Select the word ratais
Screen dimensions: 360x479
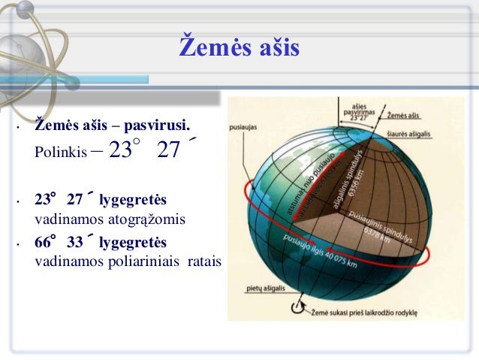pyautogui.click(x=200, y=263)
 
